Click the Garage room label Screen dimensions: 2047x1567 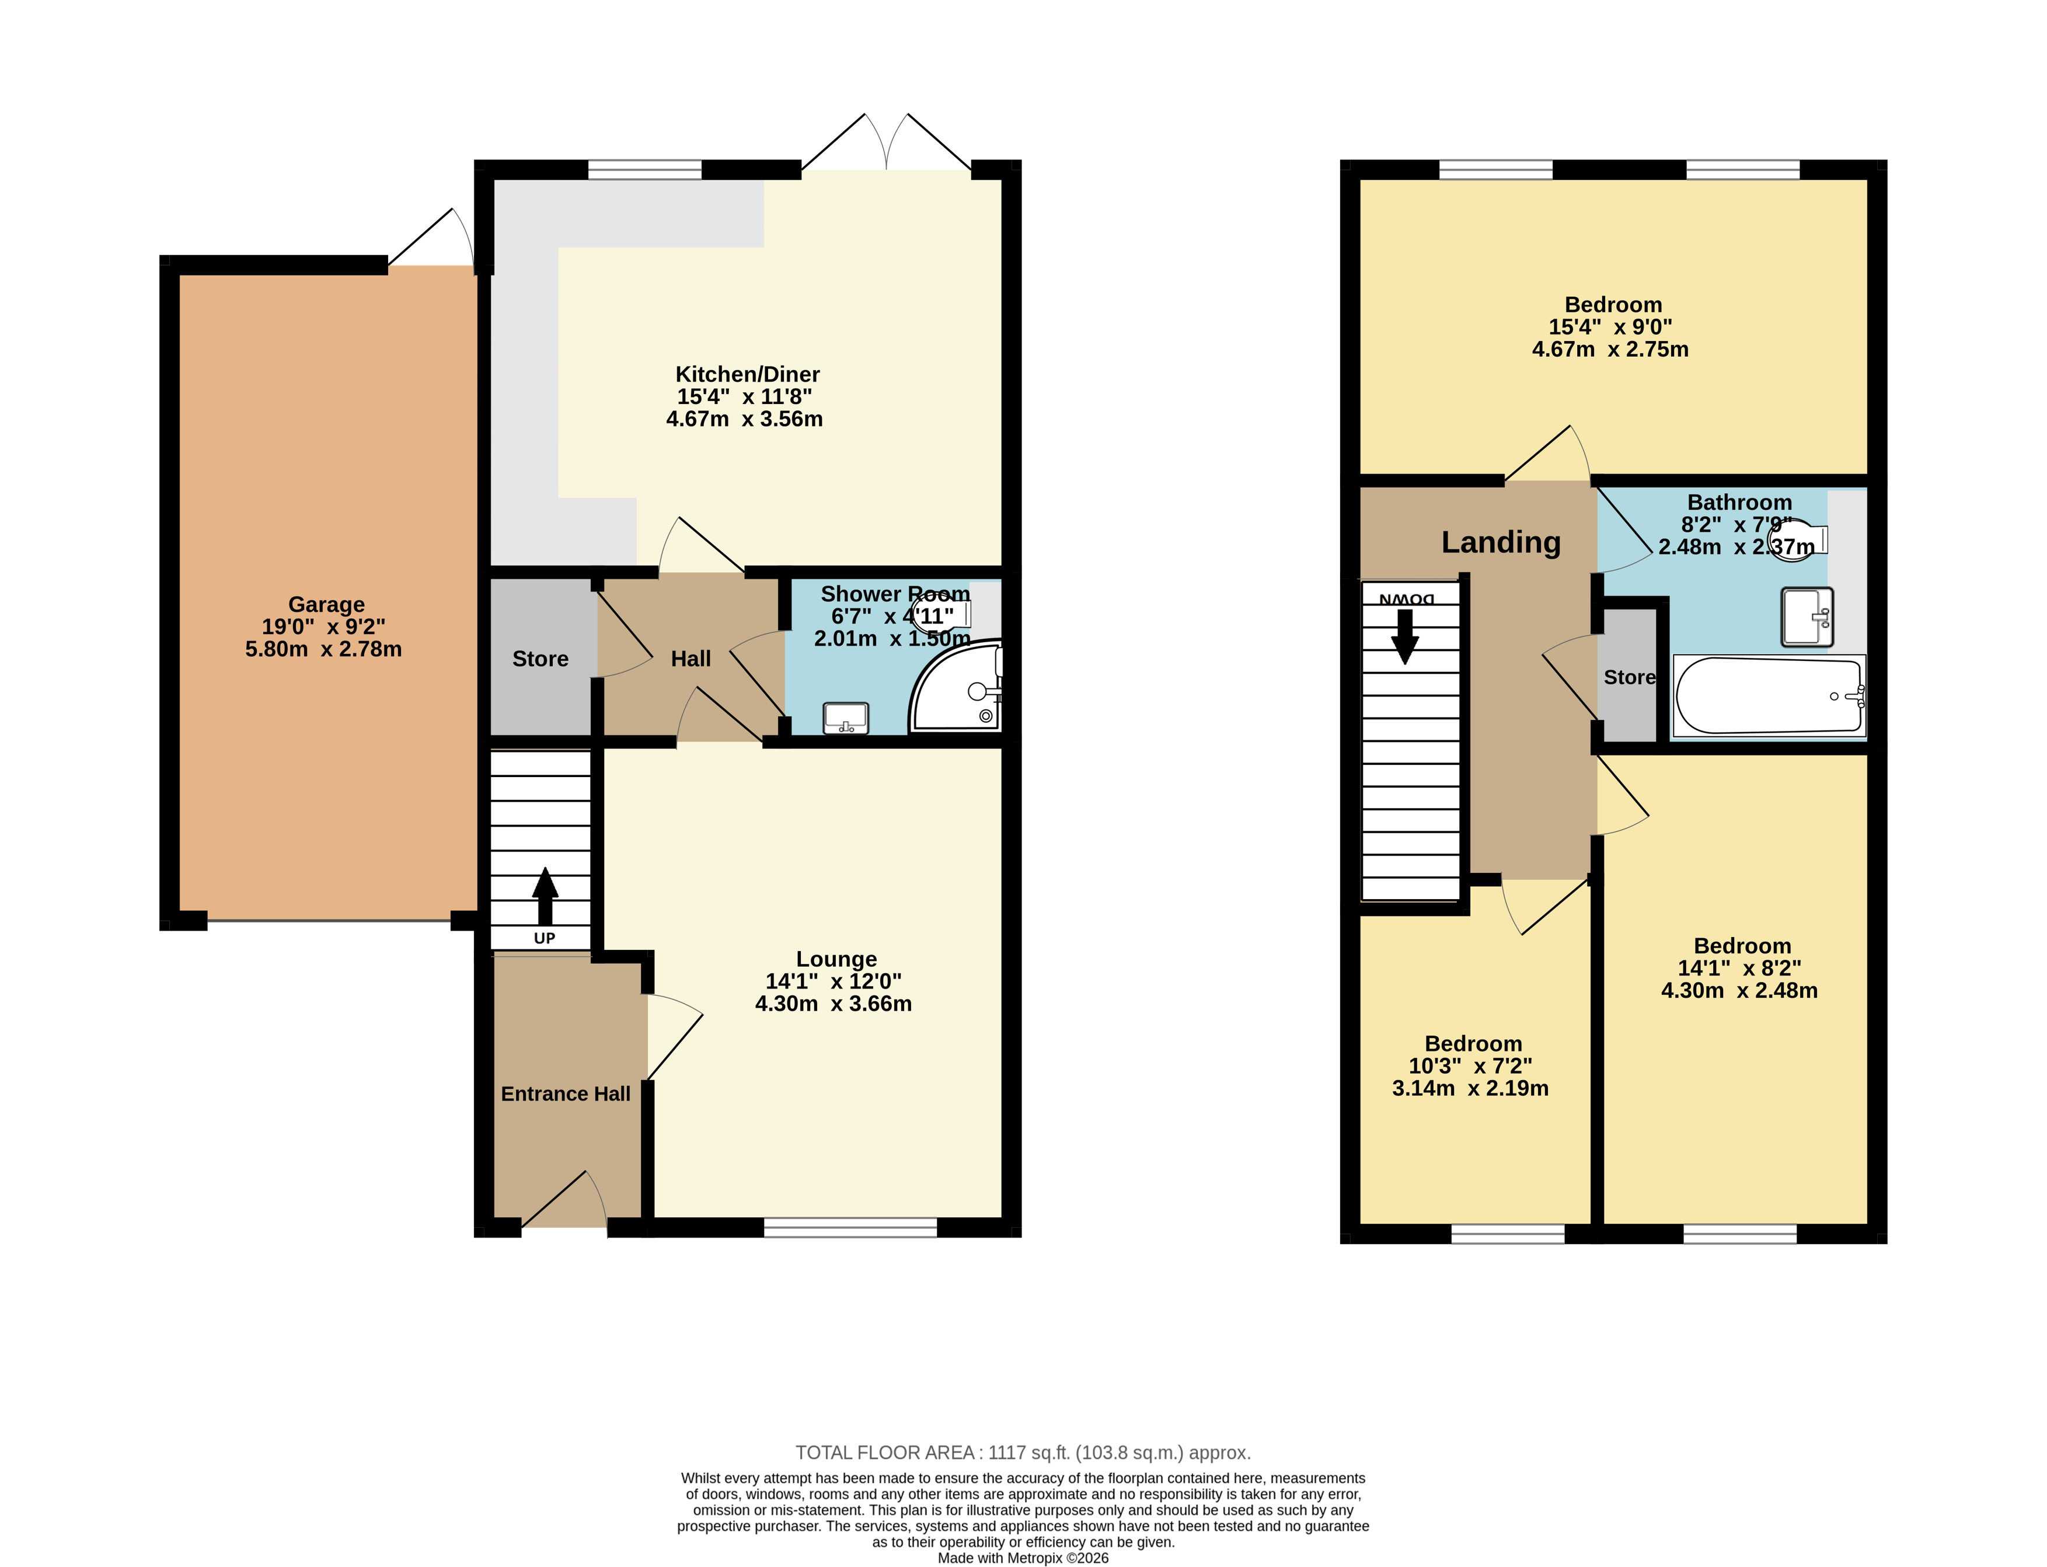tap(326, 604)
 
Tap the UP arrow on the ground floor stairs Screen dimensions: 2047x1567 tap(545, 896)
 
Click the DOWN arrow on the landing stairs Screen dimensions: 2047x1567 tap(1404, 636)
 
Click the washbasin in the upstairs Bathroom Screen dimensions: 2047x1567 tap(1807, 617)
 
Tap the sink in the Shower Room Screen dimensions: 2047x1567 tap(846, 718)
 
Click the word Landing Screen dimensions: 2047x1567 tap(1501, 542)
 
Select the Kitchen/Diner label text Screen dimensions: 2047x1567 tap(747, 374)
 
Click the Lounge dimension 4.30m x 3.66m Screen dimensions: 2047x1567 tap(833, 1004)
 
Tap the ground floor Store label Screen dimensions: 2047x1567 tap(540, 659)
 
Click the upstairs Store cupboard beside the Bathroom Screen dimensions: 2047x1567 tap(1629, 676)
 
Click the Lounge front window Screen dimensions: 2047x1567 tap(850, 1227)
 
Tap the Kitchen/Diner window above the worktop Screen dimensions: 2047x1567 tap(644, 169)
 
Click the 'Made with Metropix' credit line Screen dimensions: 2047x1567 tap(1023, 1558)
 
